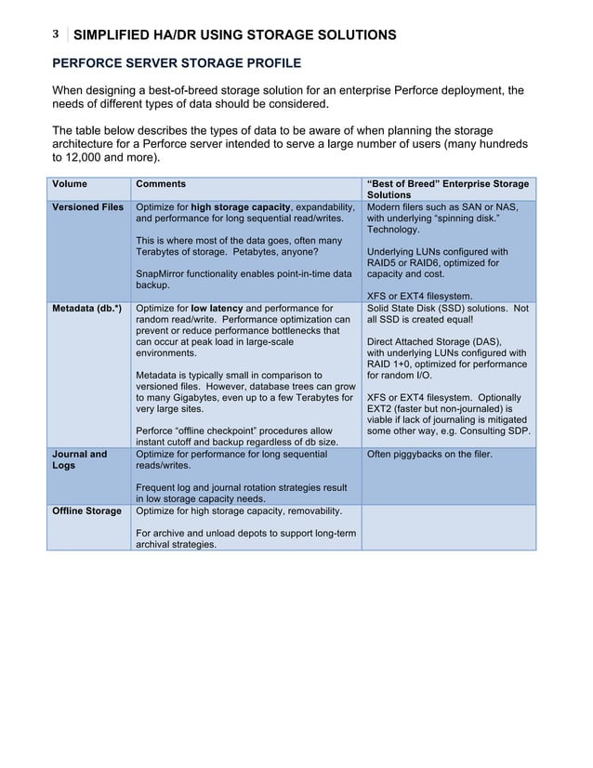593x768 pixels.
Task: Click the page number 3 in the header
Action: [x=55, y=34]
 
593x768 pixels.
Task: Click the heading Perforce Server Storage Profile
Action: [x=177, y=63]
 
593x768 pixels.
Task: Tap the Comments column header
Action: [x=161, y=184]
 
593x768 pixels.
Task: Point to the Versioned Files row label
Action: [x=87, y=207]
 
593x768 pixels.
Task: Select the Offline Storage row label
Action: [x=86, y=511]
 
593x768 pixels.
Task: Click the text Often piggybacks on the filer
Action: [x=429, y=455]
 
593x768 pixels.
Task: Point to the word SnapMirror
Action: [x=165, y=274]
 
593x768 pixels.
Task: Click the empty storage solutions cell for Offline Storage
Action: [x=448, y=527]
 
